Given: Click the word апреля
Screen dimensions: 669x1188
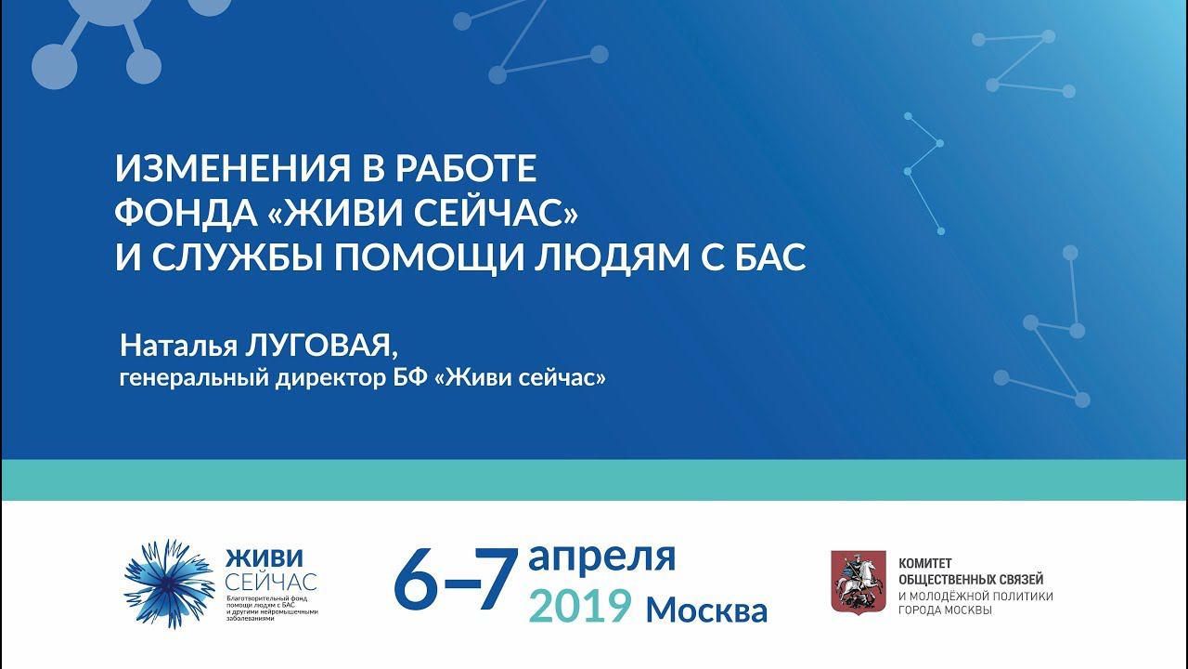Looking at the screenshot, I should (x=601, y=557).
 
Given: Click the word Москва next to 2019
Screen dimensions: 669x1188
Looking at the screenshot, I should (x=707, y=610).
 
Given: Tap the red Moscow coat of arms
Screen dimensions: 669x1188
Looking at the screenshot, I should (x=857, y=582).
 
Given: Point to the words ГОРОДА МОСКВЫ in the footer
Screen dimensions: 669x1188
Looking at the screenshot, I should (x=945, y=610).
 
